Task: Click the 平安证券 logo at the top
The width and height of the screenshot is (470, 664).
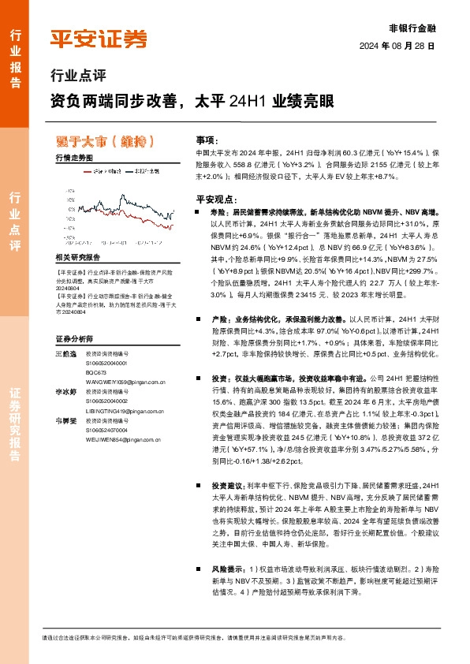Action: (x=98, y=39)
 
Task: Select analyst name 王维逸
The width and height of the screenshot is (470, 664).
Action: (x=65, y=331)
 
